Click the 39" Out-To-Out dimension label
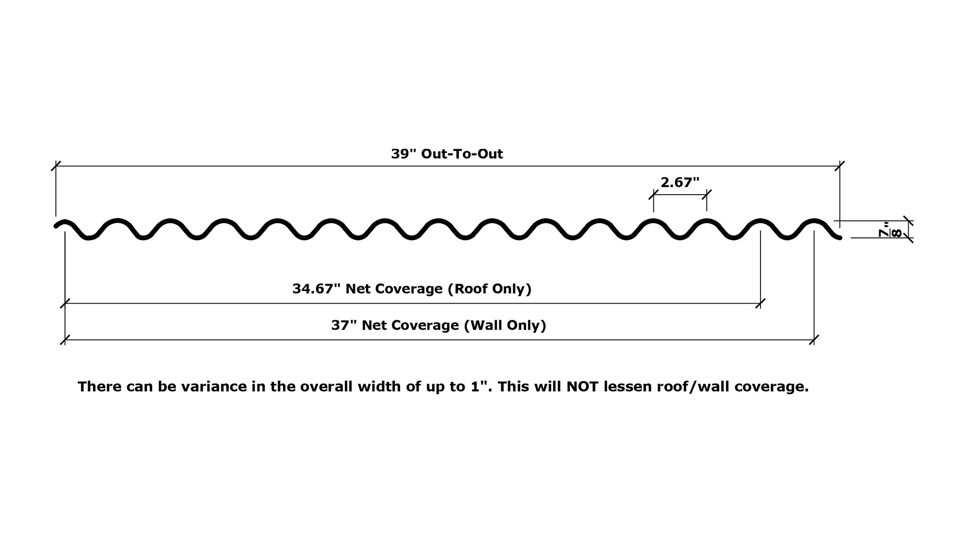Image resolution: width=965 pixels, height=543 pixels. [447, 154]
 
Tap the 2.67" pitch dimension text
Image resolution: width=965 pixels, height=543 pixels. [680, 183]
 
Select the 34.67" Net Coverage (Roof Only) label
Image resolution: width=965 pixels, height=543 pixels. [412, 289]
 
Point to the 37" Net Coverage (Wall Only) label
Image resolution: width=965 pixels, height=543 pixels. [438, 325]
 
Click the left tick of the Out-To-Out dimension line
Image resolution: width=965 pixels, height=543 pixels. [56, 166]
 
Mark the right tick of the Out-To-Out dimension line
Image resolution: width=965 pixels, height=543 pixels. [839, 166]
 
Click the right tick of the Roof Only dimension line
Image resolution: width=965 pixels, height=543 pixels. [760, 303]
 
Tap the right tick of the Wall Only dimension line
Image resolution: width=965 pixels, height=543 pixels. [814, 340]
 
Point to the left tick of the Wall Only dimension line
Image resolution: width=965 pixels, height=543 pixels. [65, 340]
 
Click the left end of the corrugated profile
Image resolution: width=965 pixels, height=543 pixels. [57, 226]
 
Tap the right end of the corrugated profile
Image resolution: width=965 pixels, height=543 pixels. [839, 237]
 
